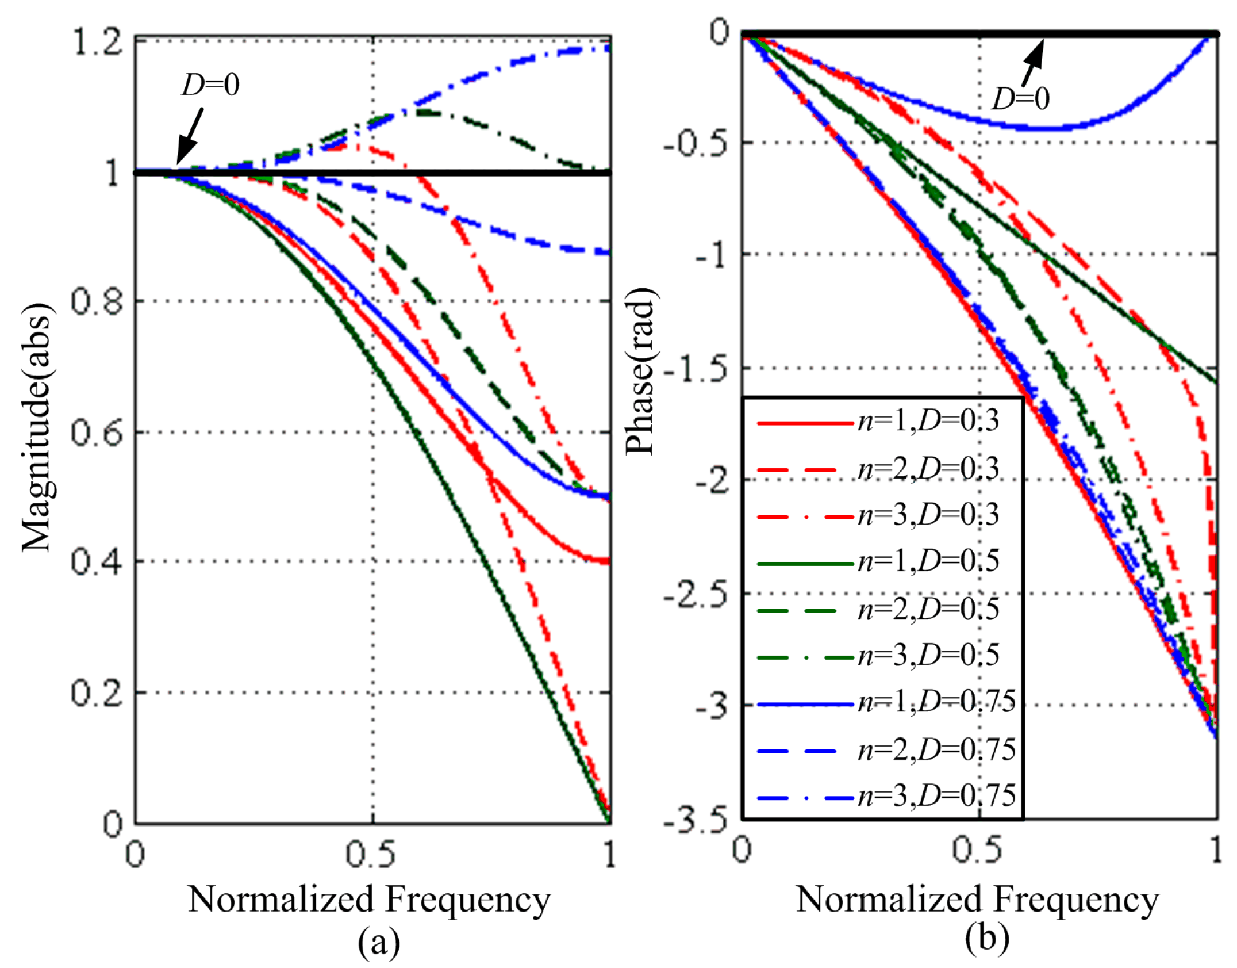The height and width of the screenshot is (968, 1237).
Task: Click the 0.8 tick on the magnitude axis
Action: (97, 301)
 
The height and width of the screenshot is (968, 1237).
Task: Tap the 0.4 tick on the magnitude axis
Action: (97, 562)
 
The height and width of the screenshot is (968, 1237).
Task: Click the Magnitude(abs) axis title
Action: (39, 427)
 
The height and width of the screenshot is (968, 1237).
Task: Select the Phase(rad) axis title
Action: (641, 372)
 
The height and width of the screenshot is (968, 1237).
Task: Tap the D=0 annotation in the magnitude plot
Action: (210, 85)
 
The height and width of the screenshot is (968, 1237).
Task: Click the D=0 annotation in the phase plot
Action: (1021, 99)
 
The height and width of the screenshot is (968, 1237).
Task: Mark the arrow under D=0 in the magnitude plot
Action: (189, 137)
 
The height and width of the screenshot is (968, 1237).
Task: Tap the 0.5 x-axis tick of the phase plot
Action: (977, 851)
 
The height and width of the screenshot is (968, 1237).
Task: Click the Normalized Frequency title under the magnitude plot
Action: (370, 899)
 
